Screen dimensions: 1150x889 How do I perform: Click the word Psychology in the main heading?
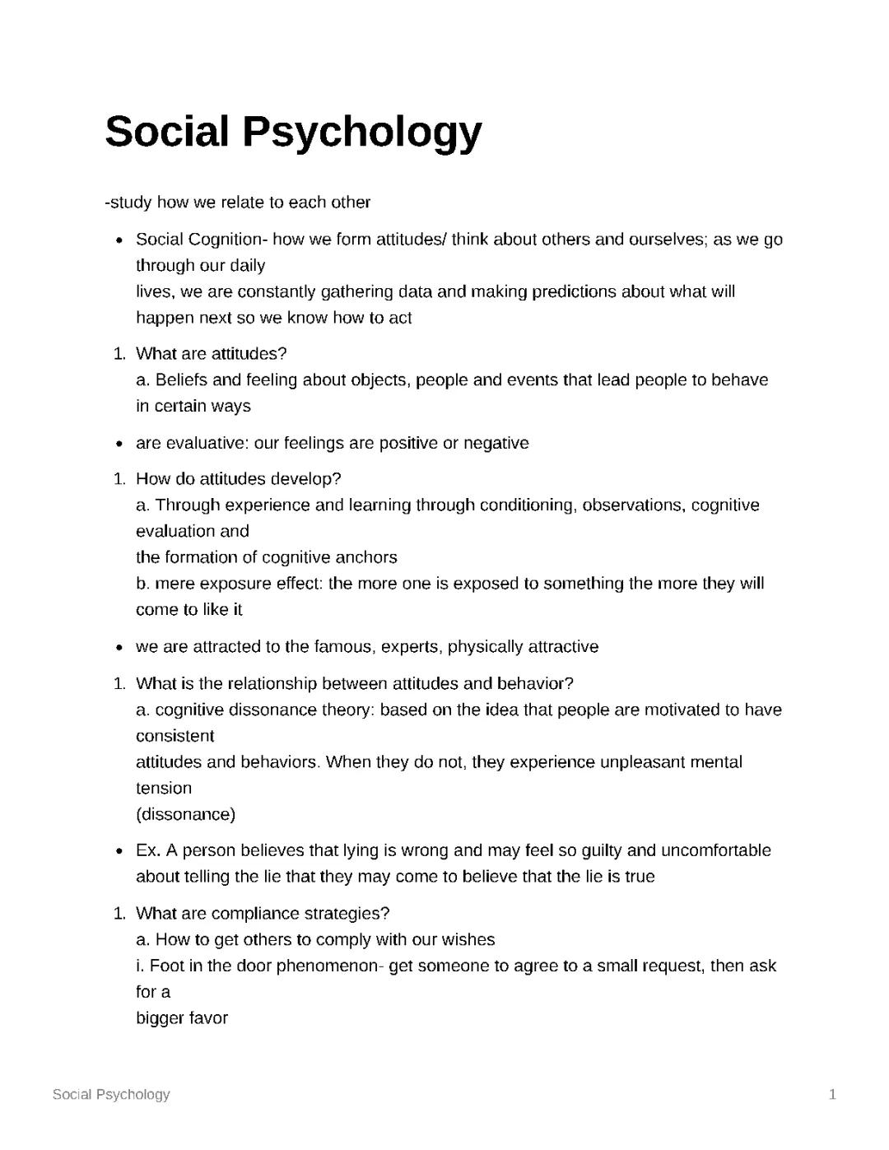361,133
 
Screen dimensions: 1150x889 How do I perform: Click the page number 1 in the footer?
832,1094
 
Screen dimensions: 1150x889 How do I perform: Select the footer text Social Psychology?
111,1094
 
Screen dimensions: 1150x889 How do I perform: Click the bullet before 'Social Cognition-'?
120,240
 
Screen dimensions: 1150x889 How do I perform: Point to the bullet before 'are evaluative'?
120,444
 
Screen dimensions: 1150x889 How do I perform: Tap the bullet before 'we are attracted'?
120,647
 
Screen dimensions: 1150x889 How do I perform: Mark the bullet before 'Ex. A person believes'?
120,850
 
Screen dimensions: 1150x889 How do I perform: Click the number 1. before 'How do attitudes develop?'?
120,479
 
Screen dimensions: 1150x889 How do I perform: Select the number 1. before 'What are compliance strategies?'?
120,914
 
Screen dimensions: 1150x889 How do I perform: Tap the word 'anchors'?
366,557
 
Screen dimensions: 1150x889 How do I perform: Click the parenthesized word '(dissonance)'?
185,814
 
